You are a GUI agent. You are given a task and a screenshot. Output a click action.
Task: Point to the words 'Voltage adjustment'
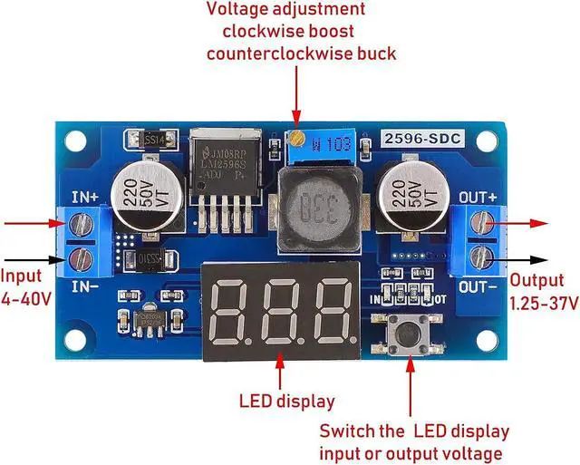pyautogui.click(x=286, y=10)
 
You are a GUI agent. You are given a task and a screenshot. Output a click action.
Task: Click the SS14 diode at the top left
pyautogui.click(x=149, y=140)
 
